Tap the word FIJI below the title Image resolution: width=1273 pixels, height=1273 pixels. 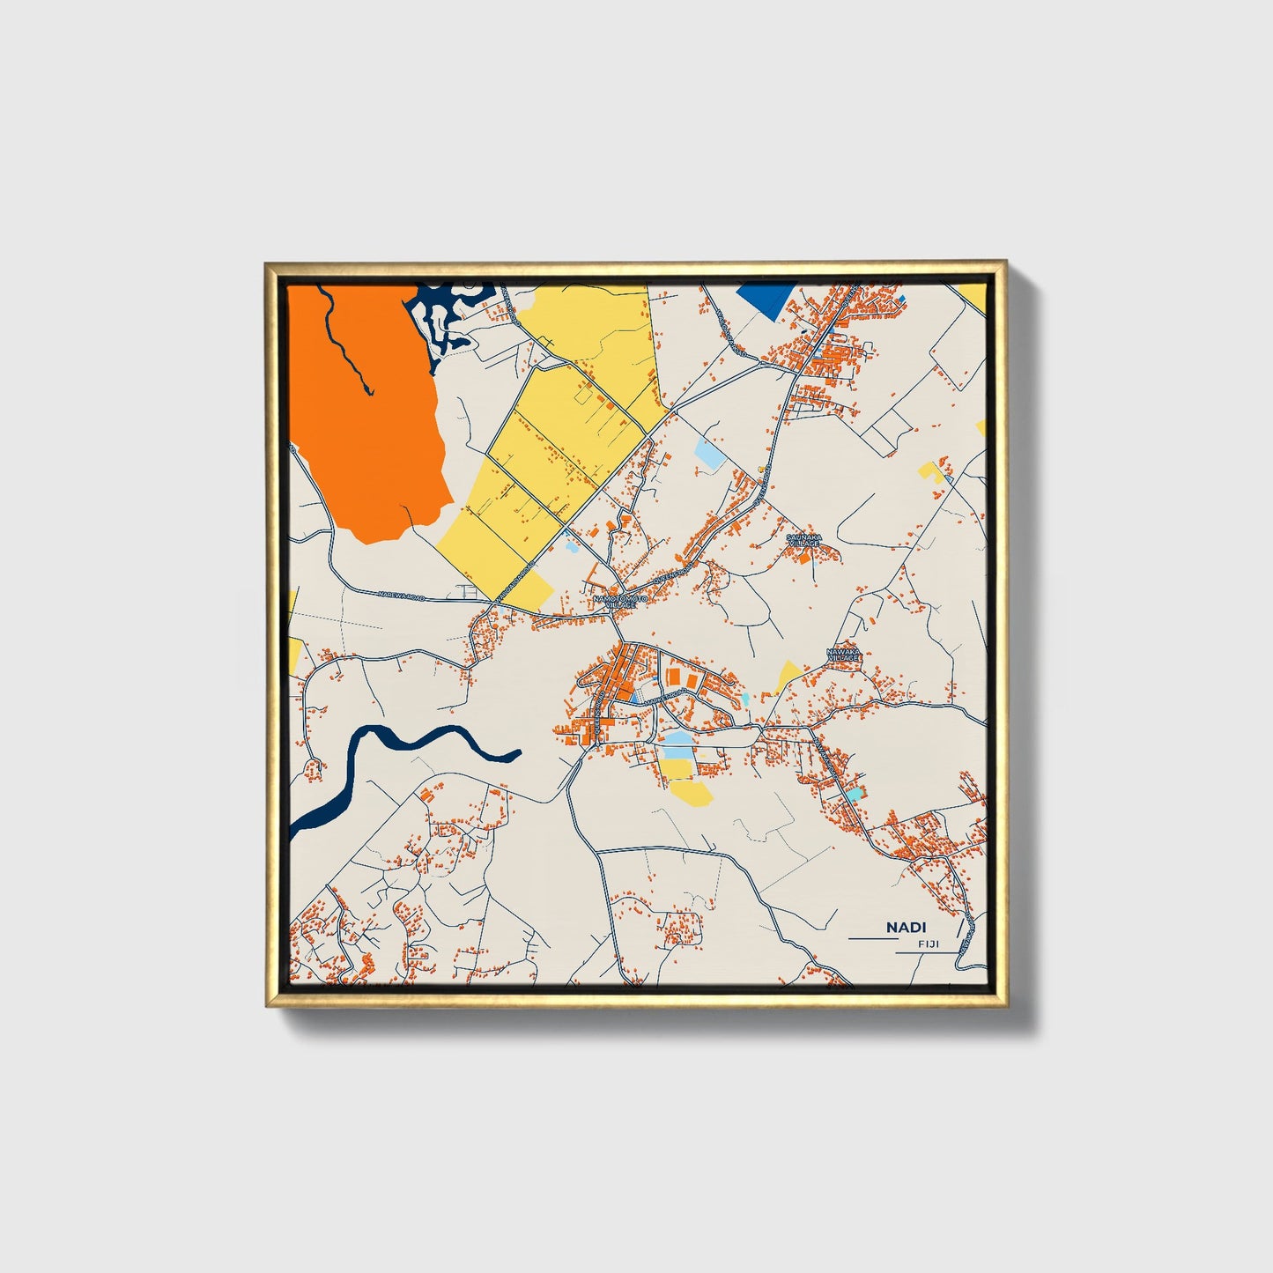(x=929, y=944)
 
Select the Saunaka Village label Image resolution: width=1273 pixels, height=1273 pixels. (x=803, y=539)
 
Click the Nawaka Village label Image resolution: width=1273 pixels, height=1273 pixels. (x=841, y=655)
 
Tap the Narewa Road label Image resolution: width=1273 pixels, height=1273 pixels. (x=401, y=596)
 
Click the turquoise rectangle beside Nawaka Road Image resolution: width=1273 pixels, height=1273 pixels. (x=854, y=795)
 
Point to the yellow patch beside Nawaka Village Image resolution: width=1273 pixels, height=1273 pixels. (x=787, y=675)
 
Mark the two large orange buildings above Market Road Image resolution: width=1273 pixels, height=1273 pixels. (x=680, y=677)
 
